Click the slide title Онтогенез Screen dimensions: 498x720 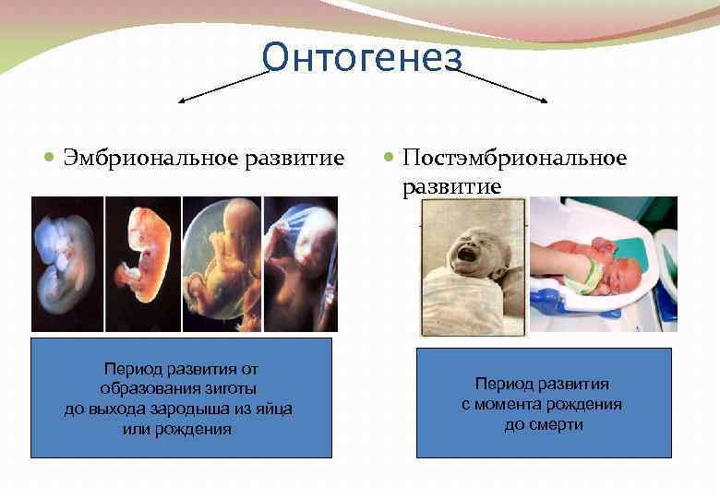361,57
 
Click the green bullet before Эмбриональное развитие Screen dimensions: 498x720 51,159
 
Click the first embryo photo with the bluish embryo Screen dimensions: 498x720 67,264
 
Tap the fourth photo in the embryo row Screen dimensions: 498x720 301,264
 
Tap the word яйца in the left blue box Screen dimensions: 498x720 272,409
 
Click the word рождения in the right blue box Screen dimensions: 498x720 587,404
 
